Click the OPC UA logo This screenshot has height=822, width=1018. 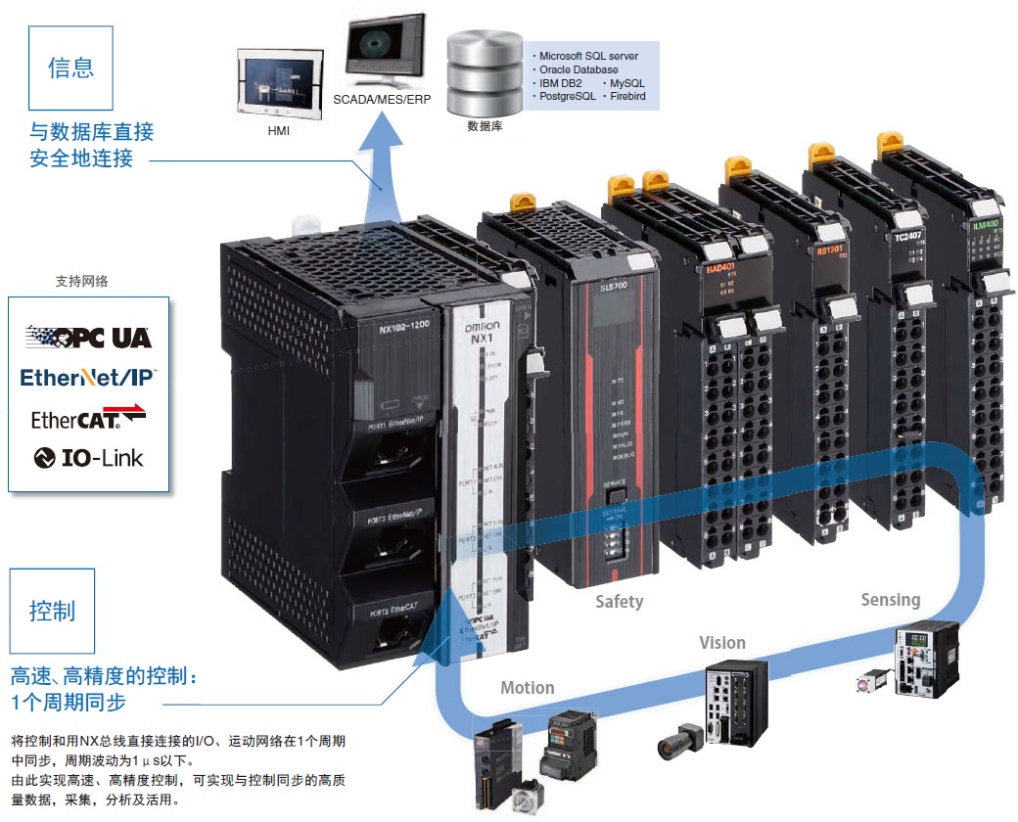(88, 338)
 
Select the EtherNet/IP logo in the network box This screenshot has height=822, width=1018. (88, 377)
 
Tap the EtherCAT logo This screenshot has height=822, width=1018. (88, 418)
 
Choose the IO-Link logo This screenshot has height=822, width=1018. (88, 457)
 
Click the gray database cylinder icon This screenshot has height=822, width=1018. (485, 73)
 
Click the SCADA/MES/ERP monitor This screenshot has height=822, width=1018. (386, 54)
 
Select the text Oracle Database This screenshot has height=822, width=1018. (578, 70)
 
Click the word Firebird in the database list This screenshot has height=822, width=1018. (624, 97)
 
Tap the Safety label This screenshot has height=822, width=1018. (620, 602)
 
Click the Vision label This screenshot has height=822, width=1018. (722, 643)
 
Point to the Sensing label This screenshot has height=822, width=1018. (891, 600)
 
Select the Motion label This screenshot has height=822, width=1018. (528, 688)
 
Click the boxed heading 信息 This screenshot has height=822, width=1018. (71, 68)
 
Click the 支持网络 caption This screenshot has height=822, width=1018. (82, 281)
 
